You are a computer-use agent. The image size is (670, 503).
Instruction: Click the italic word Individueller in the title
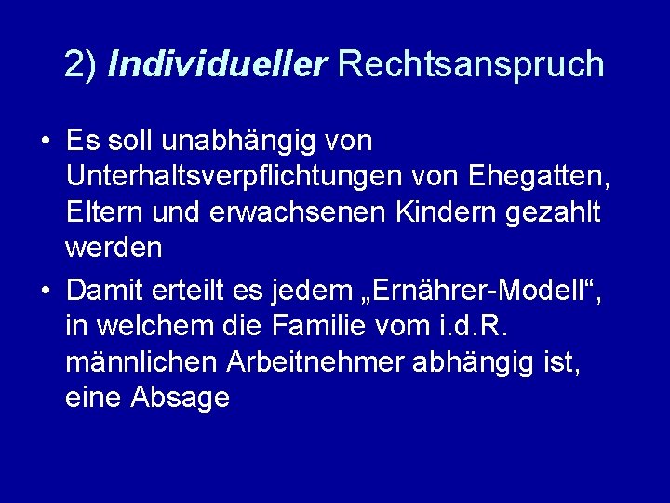(x=217, y=64)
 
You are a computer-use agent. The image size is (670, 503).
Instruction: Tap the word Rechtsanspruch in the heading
(x=471, y=64)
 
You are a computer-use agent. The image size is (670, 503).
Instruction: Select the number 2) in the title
(x=81, y=64)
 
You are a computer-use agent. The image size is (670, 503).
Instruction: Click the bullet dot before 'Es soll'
(x=45, y=143)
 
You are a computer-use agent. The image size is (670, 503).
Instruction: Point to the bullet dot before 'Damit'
(x=45, y=292)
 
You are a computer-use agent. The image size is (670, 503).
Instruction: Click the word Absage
(x=180, y=398)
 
